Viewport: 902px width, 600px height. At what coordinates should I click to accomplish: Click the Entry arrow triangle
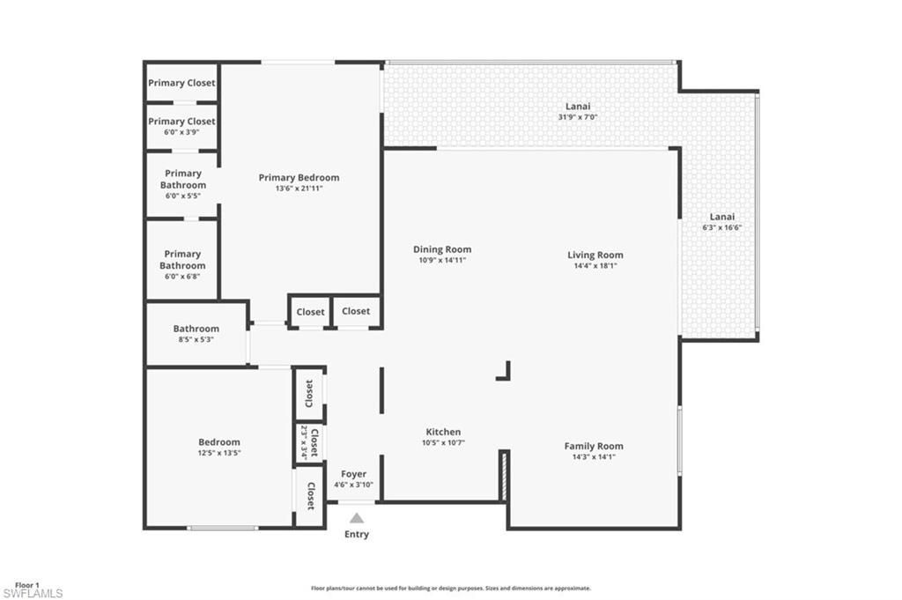pyautogui.click(x=356, y=519)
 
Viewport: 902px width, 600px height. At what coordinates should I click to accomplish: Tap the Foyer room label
pyautogui.click(x=353, y=475)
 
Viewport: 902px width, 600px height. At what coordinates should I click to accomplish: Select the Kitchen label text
pyautogui.click(x=443, y=433)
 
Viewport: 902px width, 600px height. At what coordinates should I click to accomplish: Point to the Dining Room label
pyautogui.click(x=442, y=249)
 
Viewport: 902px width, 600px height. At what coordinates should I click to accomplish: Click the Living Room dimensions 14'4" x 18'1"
pyautogui.click(x=595, y=265)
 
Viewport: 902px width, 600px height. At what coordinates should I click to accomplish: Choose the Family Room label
pyautogui.click(x=594, y=447)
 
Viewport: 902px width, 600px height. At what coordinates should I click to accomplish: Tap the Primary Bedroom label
pyautogui.click(x=299, y=178)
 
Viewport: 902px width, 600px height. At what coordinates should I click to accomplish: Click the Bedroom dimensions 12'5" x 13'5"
pyautogui.click(x=219, y=453)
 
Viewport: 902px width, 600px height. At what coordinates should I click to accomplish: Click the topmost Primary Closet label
pyautogui.click(x=181, y=83)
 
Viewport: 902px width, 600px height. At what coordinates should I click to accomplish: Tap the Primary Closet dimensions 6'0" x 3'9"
pyautogui.click(x=181, y=132)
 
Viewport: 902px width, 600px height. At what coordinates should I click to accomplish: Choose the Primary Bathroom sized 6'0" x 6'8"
pyautogui.click(x=182, y=260)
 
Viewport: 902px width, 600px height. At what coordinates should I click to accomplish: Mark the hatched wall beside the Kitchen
pyautogui.click(x=504, y=476)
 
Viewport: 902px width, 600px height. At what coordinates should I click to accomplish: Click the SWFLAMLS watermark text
pyautogui.click(x=33, y=593)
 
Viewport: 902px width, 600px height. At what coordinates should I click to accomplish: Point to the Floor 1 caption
pyautogui.click(x=27, y=584)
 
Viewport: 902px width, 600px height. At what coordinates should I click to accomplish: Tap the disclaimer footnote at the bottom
pyautogui.click(x=450, y=589)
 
